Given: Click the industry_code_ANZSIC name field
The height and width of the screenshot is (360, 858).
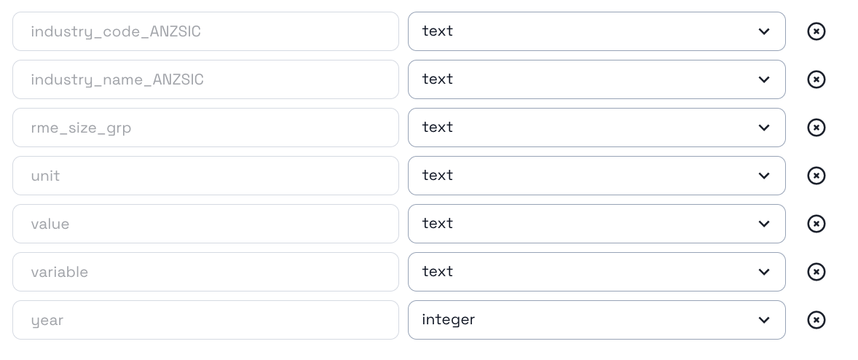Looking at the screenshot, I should [x=205, y=31].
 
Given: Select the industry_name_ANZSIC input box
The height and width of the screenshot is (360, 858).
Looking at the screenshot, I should [x=205, y=79].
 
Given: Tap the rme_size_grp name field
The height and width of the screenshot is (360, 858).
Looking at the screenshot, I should [x=205, y=128].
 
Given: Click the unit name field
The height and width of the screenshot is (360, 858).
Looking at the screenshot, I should [x=205, y=176].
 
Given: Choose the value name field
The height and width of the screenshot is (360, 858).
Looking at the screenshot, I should [x=205, y=224].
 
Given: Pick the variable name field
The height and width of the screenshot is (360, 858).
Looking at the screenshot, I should [x=205, y=272].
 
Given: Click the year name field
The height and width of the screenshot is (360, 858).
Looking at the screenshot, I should [x=205, y=320].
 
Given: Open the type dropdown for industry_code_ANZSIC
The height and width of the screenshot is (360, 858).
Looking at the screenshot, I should [x=596, y=31].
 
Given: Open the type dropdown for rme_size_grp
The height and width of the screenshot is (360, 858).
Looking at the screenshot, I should [x=596, y=128].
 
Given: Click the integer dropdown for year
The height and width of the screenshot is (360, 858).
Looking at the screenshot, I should [x=596, y=320].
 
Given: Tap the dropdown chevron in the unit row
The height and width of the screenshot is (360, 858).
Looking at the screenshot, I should [x=763, y=176].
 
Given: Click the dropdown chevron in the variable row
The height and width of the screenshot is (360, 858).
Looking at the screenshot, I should [x=763, y=272].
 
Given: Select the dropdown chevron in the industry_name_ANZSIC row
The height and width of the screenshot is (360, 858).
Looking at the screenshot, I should [x=763, y=79].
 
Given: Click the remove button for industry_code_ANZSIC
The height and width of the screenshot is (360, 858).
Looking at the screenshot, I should [x=816, y=31].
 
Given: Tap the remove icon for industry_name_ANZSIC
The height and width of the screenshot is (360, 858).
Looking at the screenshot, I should [x=816, y=79].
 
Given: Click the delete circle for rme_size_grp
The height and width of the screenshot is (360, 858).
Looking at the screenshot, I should [x=816, y=128].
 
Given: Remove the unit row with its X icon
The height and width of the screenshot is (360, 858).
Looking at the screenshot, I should [x=816, y=176].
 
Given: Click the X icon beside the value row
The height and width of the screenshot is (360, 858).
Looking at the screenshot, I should [x=816, y=224].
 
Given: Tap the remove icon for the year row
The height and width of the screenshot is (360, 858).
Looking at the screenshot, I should [x=816, y=320].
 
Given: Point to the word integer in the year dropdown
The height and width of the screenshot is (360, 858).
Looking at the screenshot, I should [x=448, y=320].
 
